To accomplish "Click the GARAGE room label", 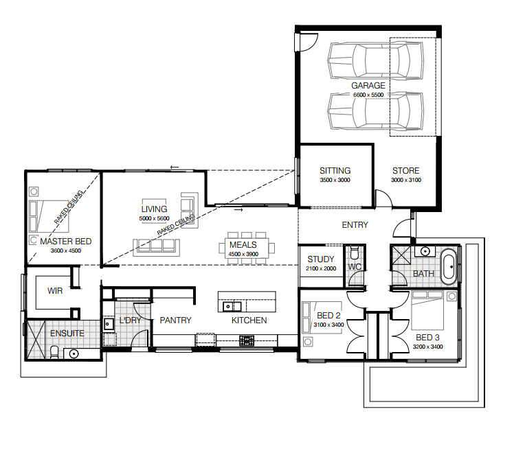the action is [x=368, y=85].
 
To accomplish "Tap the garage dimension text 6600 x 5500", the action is [x=368, y=95].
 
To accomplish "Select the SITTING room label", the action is [x=335, y=171].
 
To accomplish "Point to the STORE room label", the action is [x=406, y=171].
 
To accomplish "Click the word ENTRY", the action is [x=355, y=225].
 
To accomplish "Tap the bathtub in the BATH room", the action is [x=449, y=267].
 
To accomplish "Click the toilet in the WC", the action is [x=355, y=253].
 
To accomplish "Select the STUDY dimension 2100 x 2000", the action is [x=321, y=268].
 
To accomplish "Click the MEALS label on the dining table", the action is [x=243, y=245].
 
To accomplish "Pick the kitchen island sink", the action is [x=232, y=307].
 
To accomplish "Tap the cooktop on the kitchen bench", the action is [x=247, y=340].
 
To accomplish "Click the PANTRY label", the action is [x=175, y=320].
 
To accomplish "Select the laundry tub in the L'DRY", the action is [x=109, y=324].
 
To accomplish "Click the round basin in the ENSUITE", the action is [x=74, y=354].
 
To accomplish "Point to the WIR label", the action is [x=55, y=291].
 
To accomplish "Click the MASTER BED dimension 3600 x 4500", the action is [x=65, y=250].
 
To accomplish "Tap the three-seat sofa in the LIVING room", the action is [x=157, y=247].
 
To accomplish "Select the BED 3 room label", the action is [x=427, y=338].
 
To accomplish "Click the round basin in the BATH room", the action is [x=425, y=251].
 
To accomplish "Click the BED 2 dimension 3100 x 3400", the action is [x=328, y=325].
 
